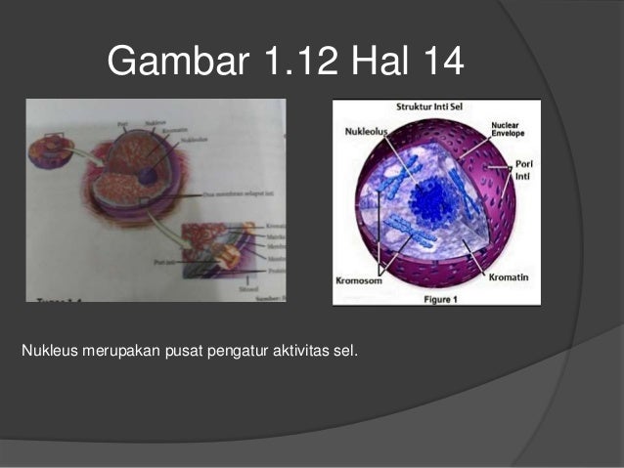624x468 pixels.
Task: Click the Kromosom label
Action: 360,279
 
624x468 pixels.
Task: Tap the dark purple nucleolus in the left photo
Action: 147,176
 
